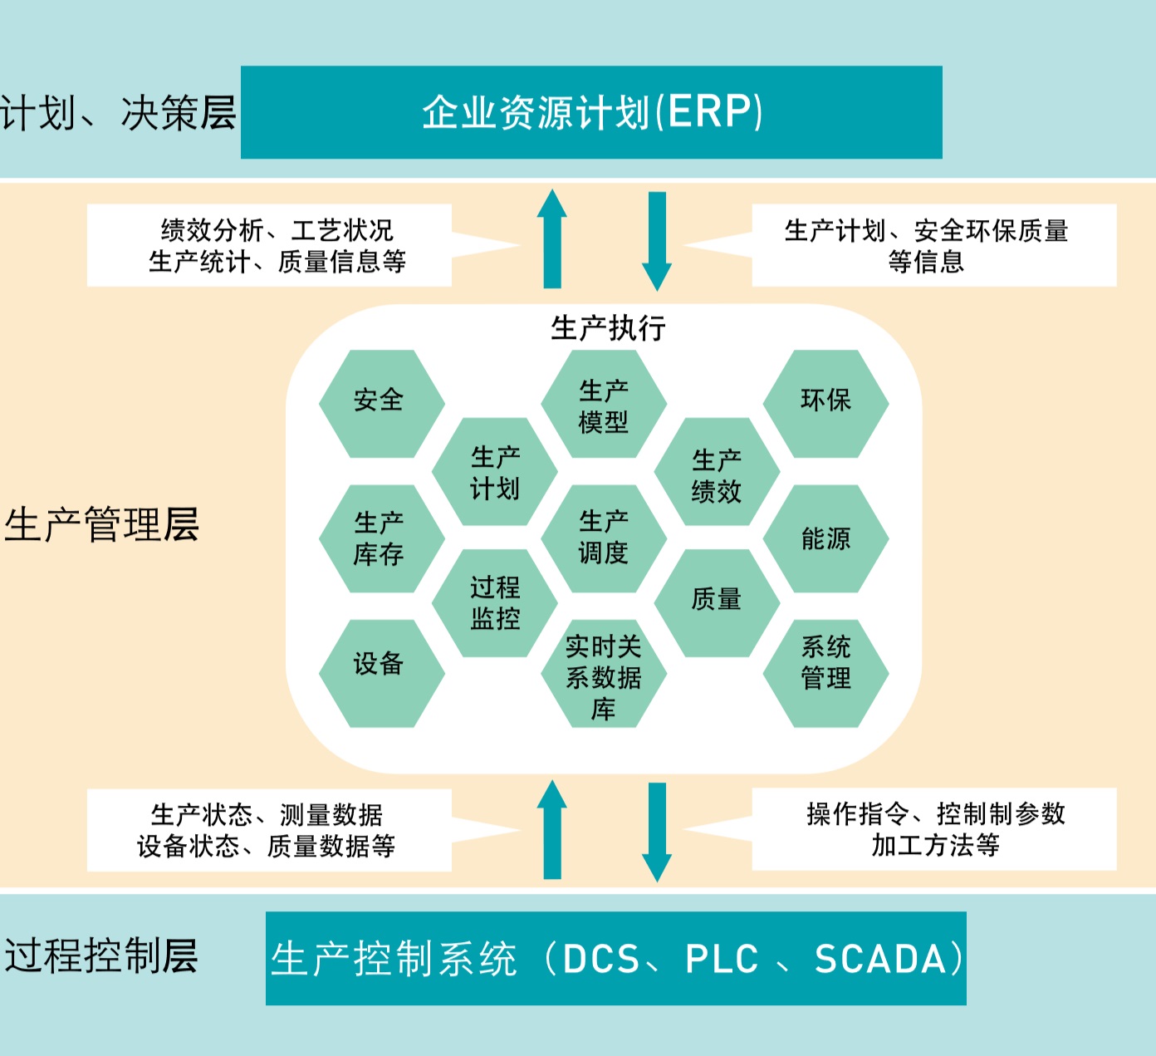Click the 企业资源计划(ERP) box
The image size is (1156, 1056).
click(x=591, y=112)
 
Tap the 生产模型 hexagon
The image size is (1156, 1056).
click(x=604, y=405)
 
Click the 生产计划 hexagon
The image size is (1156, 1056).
click(x=495, y=472)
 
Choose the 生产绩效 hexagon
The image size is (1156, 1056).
click(x=717, y=472)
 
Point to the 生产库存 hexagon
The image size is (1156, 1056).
click(x=381, y=538)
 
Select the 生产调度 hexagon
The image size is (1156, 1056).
click(x=604, y=538)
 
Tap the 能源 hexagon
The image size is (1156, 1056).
click(x=825, y=538)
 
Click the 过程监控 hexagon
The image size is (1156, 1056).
click(x=495, y=603)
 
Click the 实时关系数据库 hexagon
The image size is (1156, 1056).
click(x=604, y=675)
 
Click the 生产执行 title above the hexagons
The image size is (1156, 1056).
click(x=608, y=328)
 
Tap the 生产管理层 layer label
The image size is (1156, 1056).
click(x=101, y=525)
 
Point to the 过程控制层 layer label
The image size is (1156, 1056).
click(x=101, y=955)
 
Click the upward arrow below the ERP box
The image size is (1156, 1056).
click(x=552, y=239)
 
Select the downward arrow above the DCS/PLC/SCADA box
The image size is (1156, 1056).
click(x=657, y=831)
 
